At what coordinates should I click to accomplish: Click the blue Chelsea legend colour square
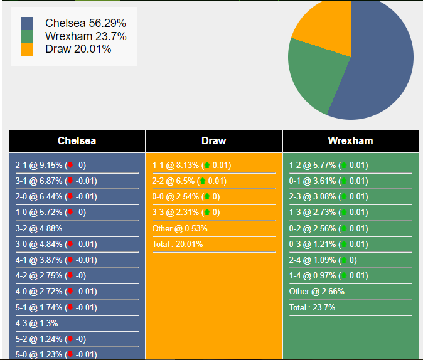(x=27, y=23)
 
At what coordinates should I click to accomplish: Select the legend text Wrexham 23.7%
(x=85, y=36)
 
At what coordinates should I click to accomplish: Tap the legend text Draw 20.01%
(x=78, y=49)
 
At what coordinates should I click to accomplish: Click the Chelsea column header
(x=77, y=141)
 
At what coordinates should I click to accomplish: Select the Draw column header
(x=214, y=141)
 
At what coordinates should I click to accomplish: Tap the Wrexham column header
(x=350, y=141)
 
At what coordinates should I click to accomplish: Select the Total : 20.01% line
(x=178, y=245)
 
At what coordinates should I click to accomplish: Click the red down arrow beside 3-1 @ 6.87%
(x=70, y=181)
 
